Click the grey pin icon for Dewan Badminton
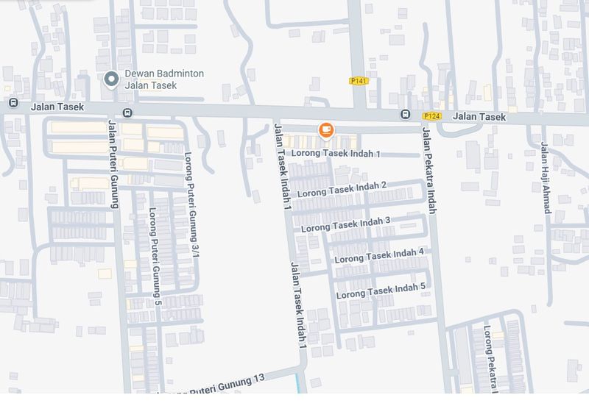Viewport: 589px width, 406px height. [x=111, y=79]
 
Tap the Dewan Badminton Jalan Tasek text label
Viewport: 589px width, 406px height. [x=164, y=79]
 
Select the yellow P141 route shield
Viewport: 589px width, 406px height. [x=359, y=81]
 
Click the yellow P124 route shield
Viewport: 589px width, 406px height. [x=432, y=116]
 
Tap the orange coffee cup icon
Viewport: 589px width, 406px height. [x=326, y=130]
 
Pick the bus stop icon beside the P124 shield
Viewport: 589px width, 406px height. [x=406, y=115]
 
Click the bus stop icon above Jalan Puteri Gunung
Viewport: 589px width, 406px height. [x=128, y=113]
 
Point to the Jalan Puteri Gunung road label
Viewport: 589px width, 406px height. [x=113, y=163]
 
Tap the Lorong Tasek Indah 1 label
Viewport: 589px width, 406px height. [x=336, y=154]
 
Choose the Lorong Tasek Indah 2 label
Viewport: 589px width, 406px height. [x=342, y=189]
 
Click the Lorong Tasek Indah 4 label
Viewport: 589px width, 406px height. [x=379, y=255]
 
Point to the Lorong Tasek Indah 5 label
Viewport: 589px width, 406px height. [x=381, y=290]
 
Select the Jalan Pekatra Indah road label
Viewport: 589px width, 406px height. [x=428, y=169]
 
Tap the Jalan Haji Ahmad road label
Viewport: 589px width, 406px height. [x=546, y=177]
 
